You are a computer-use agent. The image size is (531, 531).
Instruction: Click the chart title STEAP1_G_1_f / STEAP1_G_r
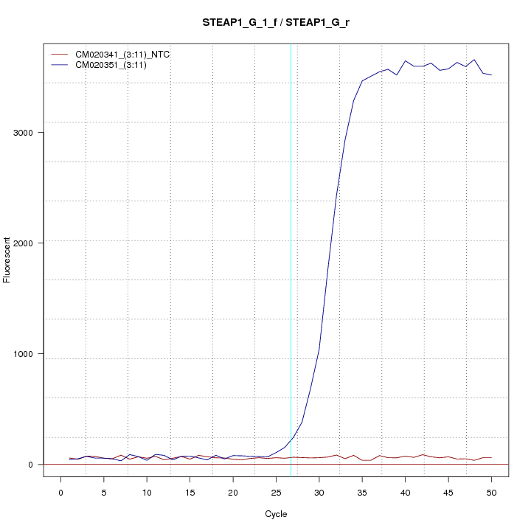[276, 22]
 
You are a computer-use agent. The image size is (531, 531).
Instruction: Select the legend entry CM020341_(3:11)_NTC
[128, 55]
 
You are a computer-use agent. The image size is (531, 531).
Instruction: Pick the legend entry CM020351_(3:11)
[116, 65]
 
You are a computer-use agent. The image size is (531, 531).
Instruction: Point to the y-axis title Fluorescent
[8, 260]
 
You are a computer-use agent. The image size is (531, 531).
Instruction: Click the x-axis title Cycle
[276, 514]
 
